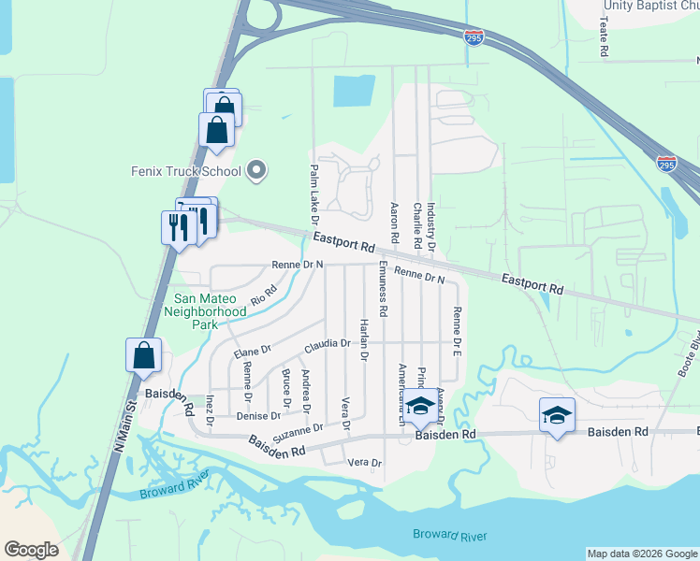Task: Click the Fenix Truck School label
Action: (x=186, y=171)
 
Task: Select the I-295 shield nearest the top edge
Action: (x=474, y=37)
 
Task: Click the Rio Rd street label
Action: (x=265, y=295)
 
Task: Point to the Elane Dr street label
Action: (x=252, y=352)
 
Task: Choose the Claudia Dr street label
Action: (x=327, y=344)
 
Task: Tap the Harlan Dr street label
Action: (x=364, y=338)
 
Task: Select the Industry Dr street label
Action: (x=431, y=228)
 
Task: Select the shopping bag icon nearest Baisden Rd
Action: (x=143, y=356)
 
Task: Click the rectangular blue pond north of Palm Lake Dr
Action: (x=355, y=91)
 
